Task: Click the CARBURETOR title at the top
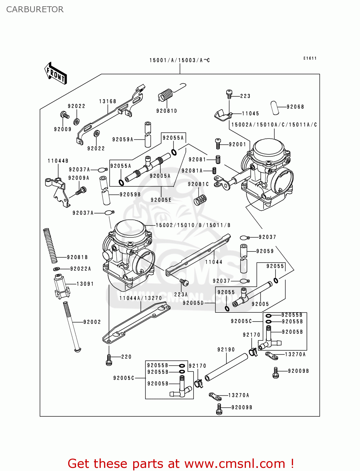point(35,9)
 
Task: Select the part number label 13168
point(107,101)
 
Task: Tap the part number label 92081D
point(166,111)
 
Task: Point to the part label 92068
point(295,107)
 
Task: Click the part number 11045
point(250,114)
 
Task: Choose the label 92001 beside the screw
point(237,144)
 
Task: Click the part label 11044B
point(58,161)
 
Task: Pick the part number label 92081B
point(77,257)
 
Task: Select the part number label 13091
point(85,284)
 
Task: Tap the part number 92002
point(92,322)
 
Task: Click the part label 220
point(126,357)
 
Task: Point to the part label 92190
point(226,349)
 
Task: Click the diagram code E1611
point(310,58)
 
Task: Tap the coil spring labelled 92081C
point(200,200)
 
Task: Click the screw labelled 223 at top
point(229,93)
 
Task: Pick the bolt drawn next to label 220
point(109,360)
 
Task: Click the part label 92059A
point(123,139)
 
